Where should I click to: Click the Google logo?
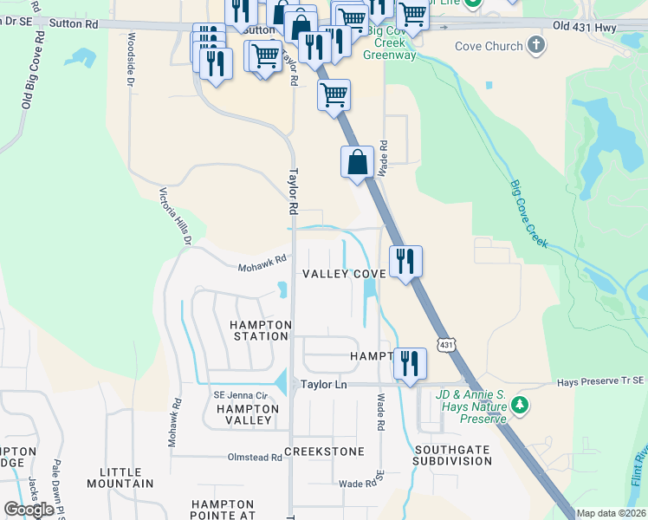point(29,510)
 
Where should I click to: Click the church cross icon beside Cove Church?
point(536,44)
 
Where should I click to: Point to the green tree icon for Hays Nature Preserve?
point(520,404)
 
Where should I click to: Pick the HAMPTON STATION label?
point(259,330)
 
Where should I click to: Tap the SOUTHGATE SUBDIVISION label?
point(452,456)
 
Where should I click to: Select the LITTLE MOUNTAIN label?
point(120,478)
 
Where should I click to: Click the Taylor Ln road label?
point(323,383)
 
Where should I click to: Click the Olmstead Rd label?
point(254,457)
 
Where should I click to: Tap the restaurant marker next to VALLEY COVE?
point(405,261)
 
